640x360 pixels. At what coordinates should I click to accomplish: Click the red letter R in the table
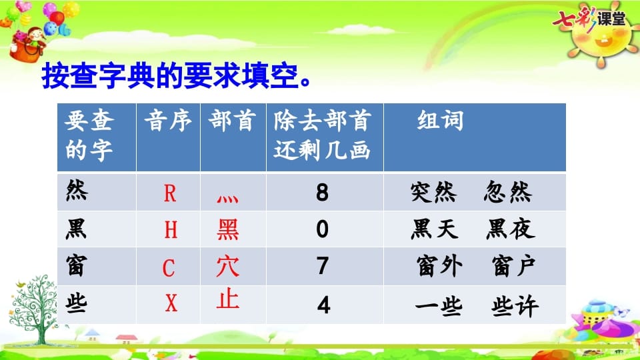169,193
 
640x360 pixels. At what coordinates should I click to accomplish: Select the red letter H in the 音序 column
171,230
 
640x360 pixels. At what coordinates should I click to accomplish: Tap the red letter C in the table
169,268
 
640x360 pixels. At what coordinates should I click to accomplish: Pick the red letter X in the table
171,305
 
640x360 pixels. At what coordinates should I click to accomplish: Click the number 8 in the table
323,193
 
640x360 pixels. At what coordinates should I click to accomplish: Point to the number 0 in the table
323,230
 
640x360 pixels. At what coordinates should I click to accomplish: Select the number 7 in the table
323,266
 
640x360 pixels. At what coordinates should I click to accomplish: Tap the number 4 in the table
323,305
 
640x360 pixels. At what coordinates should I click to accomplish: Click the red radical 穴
227,266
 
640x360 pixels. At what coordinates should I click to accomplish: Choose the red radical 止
228,299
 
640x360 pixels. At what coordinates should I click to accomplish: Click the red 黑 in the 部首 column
228,230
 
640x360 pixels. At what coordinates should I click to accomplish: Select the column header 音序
168,121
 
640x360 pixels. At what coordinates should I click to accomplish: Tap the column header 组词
440,121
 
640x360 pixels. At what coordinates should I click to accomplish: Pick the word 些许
515,305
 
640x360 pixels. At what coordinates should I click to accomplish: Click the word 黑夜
510,230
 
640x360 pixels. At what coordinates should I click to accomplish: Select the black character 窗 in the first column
78,266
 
